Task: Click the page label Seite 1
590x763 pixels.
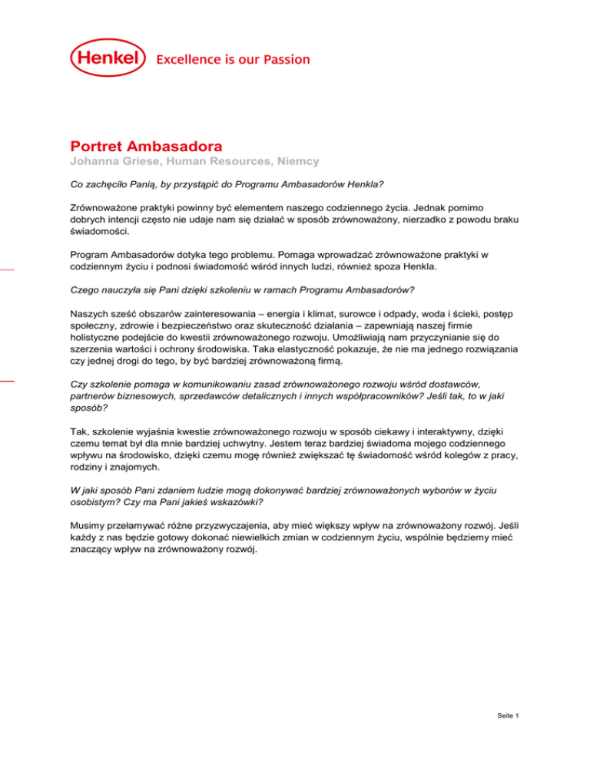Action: pyautogui.click(x=508, y=716)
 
